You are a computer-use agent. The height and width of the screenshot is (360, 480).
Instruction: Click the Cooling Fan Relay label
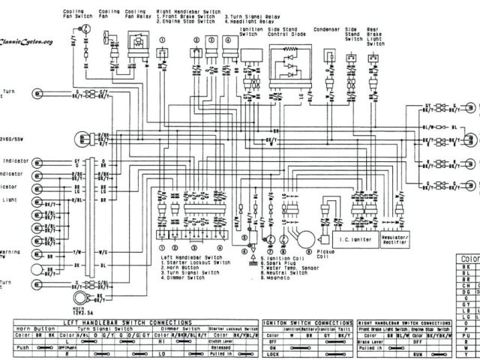click(x=136, y=16)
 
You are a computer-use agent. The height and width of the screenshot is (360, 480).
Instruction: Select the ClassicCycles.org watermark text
click(x=27, y=42)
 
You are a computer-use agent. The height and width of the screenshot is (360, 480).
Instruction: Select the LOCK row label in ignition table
click(x=271, y=352)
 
